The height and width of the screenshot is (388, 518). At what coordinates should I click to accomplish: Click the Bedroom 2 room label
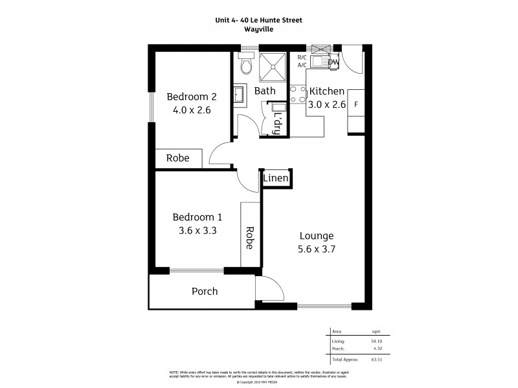click(192, 97)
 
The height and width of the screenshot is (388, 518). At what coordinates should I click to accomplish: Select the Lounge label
click(317, 236)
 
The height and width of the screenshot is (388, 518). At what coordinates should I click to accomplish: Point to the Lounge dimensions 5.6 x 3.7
click(317, 249)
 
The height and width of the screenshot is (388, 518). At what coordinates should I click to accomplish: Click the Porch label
click(204, 292)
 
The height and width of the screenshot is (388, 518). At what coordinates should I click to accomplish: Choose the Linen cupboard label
click(275, 178)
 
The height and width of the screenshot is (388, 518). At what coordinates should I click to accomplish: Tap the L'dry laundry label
click(278, 123)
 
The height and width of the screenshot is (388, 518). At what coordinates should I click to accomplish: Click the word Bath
click(265, 91)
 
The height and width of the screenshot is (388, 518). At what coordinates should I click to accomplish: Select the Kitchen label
click(326, 91)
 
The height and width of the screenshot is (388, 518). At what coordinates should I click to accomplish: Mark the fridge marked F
click(357, 103)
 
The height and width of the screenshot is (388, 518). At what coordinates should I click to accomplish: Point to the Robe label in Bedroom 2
click(178, 158)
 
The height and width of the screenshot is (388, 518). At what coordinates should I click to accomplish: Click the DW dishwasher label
click(333, 62)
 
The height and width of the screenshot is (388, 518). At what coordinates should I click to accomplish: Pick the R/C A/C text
click(302, 61)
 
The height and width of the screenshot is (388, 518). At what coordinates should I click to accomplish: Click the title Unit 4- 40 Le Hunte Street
click(258, 20)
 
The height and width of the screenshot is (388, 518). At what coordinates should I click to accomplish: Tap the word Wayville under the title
click(258, 28)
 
